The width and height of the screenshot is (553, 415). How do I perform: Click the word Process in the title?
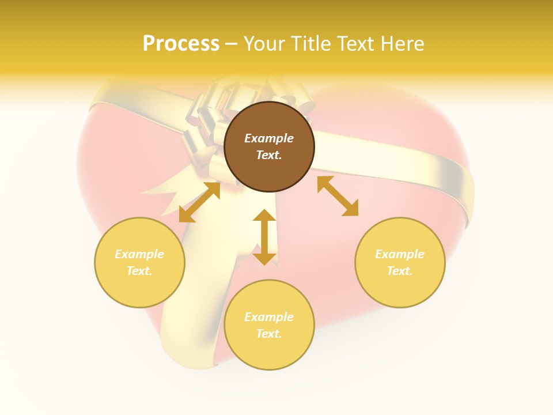click(x=181, y=44)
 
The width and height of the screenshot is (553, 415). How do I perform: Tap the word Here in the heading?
click(x=401, y=44)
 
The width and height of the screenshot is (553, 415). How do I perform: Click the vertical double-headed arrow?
click(x=264, y=237)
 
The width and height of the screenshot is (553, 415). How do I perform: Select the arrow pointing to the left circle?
click(x=199, y=202)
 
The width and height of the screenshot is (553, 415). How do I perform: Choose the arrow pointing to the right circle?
click(x=338, y=196)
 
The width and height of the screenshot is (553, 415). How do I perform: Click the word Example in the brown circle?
click(x=269, y=138)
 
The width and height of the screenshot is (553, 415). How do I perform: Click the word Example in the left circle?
click(x=139, y=254)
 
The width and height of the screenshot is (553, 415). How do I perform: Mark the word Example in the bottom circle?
click(x=269, y=317)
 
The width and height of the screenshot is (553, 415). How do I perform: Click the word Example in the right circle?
click(x=400, y=254)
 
